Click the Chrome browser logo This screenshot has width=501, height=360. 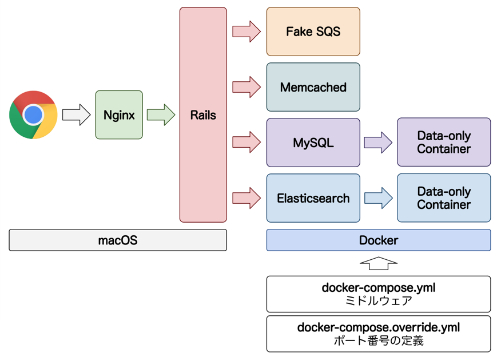(x=33, y=114)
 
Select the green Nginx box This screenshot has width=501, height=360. (x=119, y=114)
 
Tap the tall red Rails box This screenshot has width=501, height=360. (x=203, y=114)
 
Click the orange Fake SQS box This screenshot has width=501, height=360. (x=313, y=31)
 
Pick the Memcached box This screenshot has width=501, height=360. (x=313, y=87)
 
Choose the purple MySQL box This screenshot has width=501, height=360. (x=313, y=143)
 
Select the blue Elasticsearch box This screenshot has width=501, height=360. (x=313, y=198)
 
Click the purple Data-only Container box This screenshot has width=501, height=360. (x=444, y=143)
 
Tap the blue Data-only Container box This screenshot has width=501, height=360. (x=444, y=198)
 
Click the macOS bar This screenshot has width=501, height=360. (x=118, y=240)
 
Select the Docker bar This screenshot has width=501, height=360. (x=379, y=240)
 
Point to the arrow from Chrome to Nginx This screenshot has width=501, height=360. (x=76, y=114)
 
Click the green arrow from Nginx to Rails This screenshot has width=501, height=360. (x=161, y=114)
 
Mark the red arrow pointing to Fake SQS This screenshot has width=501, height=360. (x=246, y=31)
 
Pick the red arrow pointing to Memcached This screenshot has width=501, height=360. (x=246, y=87)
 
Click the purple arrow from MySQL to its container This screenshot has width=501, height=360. (x=378, y=143)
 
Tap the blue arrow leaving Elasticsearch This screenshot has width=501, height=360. (x=378, y=198)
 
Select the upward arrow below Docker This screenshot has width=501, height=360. (x=379, y=264)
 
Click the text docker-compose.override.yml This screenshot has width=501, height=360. (x=379, y=328)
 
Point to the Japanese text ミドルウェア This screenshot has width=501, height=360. (x=379, y=300)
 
